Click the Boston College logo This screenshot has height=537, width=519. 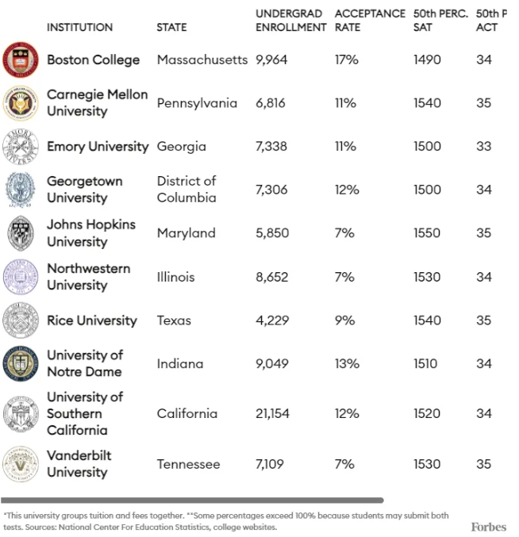[x=21, y=59]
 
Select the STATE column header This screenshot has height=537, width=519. [x=171, y=27]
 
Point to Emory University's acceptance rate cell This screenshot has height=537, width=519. [x=345, y=147]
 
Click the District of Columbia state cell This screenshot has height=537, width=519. [x=186, y=190]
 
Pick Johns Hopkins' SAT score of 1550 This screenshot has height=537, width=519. [x=427, y=233]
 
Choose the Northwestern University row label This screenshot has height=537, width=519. [x=88, y=277]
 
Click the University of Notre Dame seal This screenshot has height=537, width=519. [x=21, y=363]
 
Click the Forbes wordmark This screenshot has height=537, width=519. [x=487, y=527]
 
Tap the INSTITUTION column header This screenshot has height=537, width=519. [x=79, y=27]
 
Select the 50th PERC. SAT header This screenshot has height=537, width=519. [x=440, y=21]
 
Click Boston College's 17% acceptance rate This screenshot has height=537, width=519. [x=347, y=59]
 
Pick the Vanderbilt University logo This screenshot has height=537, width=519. [x=21, y=464]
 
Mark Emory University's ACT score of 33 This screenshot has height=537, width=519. [x=484, y=147]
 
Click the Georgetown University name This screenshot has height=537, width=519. [x=85, y=190]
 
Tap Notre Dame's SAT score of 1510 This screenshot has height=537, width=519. [x=425, y=363]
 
